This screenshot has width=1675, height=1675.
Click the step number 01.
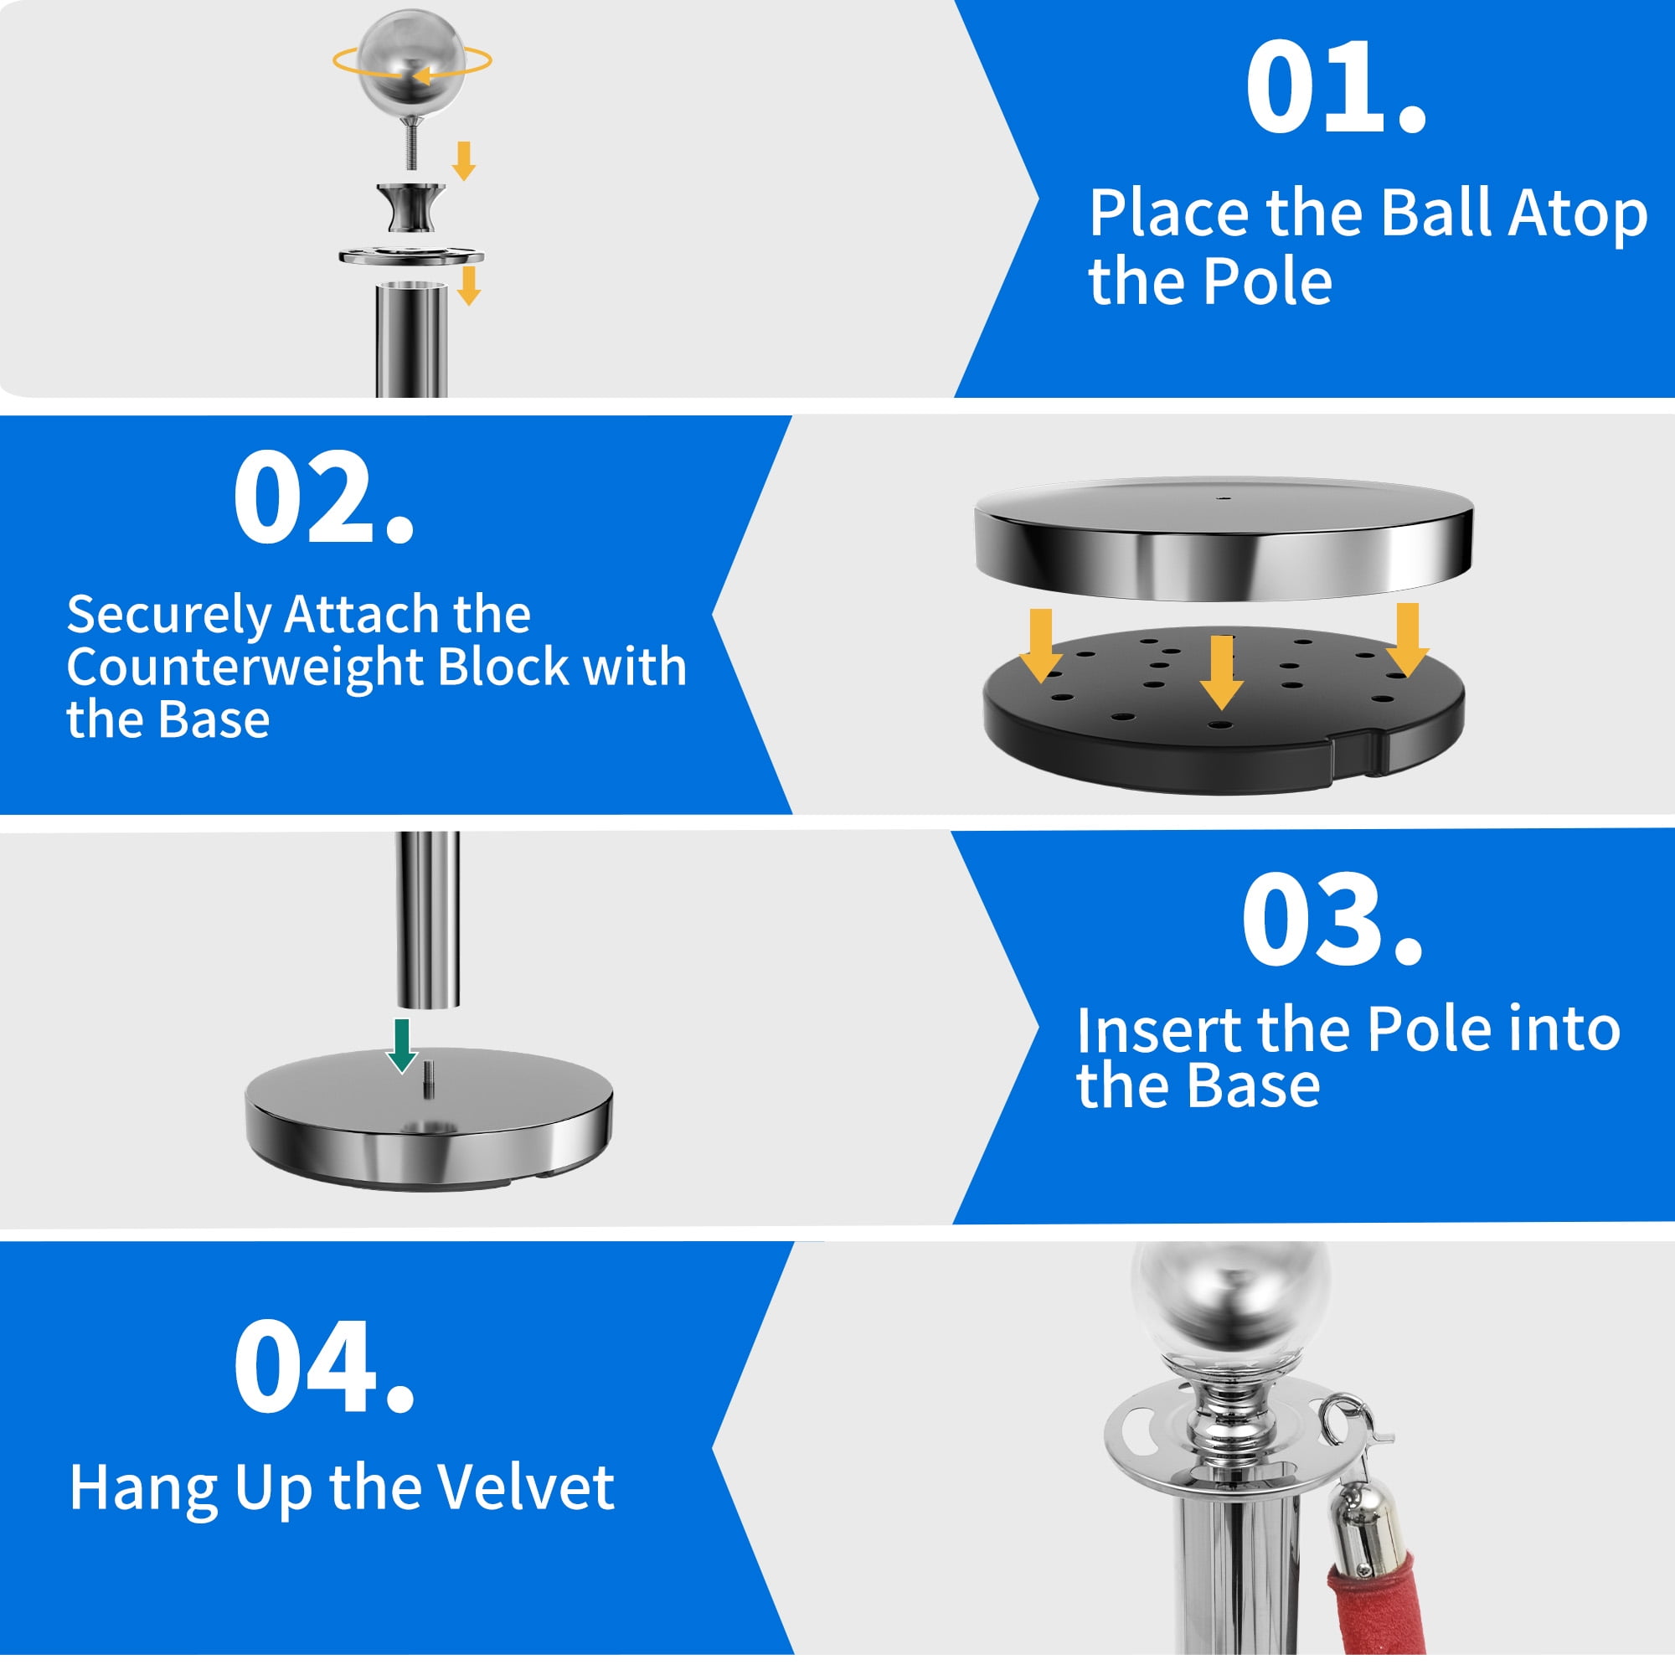pos(1335,88)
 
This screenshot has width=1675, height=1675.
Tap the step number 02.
pos(322,497)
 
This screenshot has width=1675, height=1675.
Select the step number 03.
pos(1332,920)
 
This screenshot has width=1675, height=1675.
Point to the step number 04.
pos(322,1369)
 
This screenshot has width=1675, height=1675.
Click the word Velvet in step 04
pos(524,1488)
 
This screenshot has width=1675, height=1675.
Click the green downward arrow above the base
pos(401,1044)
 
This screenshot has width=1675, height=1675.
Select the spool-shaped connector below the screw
pos(411,208)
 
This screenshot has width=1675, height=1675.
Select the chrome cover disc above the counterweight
pos(1223,538)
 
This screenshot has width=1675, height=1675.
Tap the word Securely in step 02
pos(169,615)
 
